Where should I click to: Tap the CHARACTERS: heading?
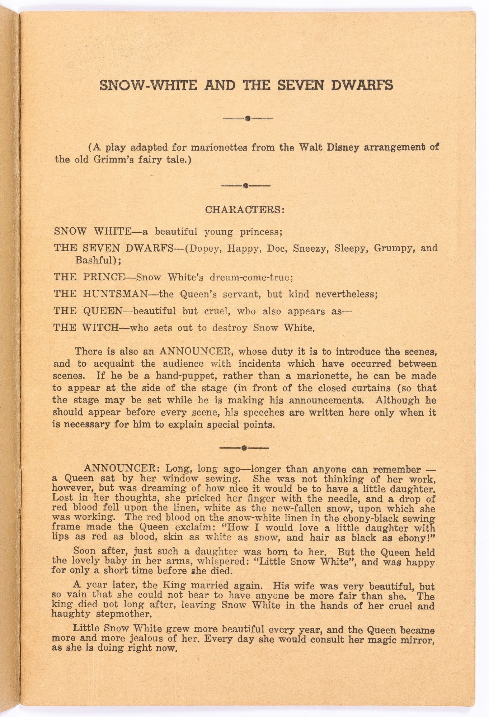click(245, 209)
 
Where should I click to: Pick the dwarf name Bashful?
click(98, 260)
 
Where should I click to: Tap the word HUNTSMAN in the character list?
click(115, 294)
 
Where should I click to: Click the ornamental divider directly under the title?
click(247, 118)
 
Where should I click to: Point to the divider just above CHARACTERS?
click(245, 185)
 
